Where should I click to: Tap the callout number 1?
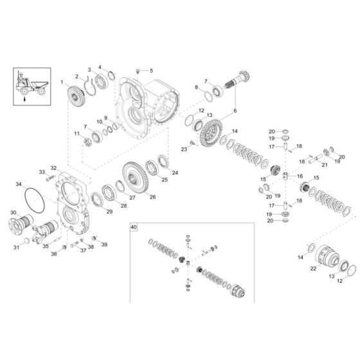click(x=62, y=82)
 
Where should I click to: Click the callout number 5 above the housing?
click(x=151, y=70)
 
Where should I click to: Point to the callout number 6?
click(x=235, y=111)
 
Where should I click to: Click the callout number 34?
click(x=18, y=184)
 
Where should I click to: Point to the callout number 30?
click(x=14, y=213)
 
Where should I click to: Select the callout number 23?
click(x=184, y=149)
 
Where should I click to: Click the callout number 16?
click(x=300, y=176)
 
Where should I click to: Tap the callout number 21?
click(x=325, y=165)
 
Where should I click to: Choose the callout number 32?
click(x=54, y=168)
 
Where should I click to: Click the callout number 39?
click(x=104, y=245)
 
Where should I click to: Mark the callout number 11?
click(x=75, y=133)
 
